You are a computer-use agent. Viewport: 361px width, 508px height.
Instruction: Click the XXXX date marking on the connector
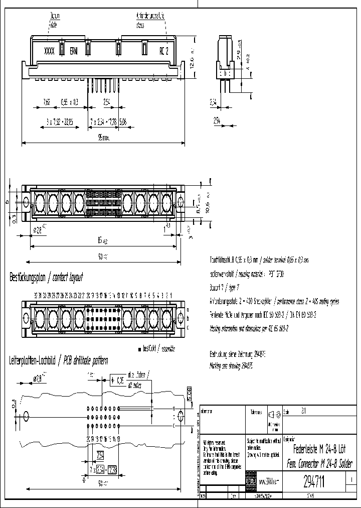click(49, 51)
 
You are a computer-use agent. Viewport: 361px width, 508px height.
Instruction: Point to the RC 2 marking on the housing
click(163, 51)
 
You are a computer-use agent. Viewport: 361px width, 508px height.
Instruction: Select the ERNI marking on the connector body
click(74, 51)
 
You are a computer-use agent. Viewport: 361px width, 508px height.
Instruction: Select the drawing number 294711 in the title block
click(314, 482)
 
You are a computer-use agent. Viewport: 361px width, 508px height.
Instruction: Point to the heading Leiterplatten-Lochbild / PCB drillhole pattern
click(58, 360)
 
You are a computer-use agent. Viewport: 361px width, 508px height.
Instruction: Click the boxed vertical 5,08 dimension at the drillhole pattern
click(189, 393)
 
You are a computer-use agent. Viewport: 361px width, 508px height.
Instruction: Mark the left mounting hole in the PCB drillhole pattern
click(26, 416)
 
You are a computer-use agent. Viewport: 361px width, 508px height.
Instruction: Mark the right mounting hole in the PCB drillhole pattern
click(182, 417)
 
